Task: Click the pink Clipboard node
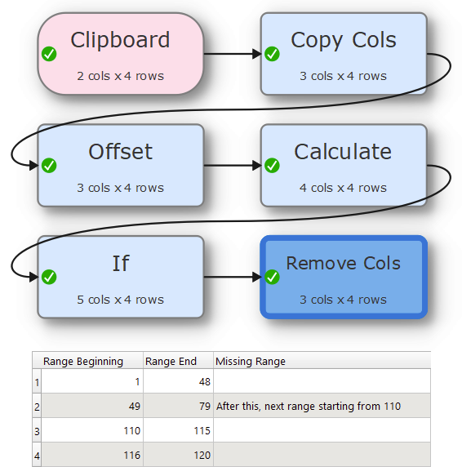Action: [121, 54]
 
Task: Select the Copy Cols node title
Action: [344, 40]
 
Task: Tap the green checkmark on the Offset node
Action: [49, 165]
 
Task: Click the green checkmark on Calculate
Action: [272, 165]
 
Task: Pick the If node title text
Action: [121, 263]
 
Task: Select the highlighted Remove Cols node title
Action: [343, 263]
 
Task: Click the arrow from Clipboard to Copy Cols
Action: [232, 54]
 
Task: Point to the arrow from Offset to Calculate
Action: [232, 165]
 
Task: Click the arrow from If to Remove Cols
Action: [232, 277]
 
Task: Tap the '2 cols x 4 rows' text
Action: [121, 76]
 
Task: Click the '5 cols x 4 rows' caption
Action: [121, 300]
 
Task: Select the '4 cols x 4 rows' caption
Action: [343, 188]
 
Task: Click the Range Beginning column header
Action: [83, 361]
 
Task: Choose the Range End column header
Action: [171, 361]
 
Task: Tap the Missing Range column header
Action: [251, 361]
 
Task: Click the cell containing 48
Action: [178, 381]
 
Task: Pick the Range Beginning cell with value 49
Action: [92, 406]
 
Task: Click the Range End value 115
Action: [202, 430]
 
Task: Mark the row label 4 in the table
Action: [37, 456]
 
